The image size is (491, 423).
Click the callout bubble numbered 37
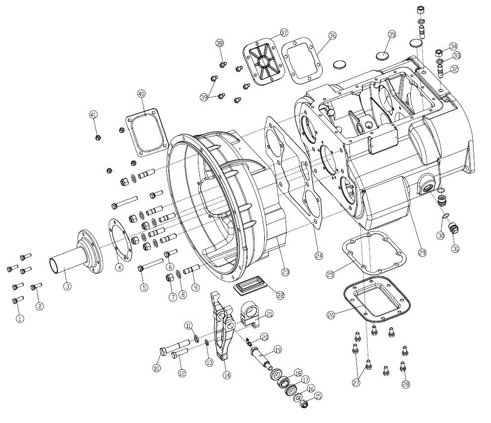coord(284,33)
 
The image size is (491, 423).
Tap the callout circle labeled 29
coord(422,252)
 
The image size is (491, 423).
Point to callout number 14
coord(227,375)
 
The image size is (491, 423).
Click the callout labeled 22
coord(280,295)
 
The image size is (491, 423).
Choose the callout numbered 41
coord(93,114)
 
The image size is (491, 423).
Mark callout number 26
coord(331,314)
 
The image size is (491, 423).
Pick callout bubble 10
coord(157,368)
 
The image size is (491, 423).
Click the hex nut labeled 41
coord(98,137)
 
